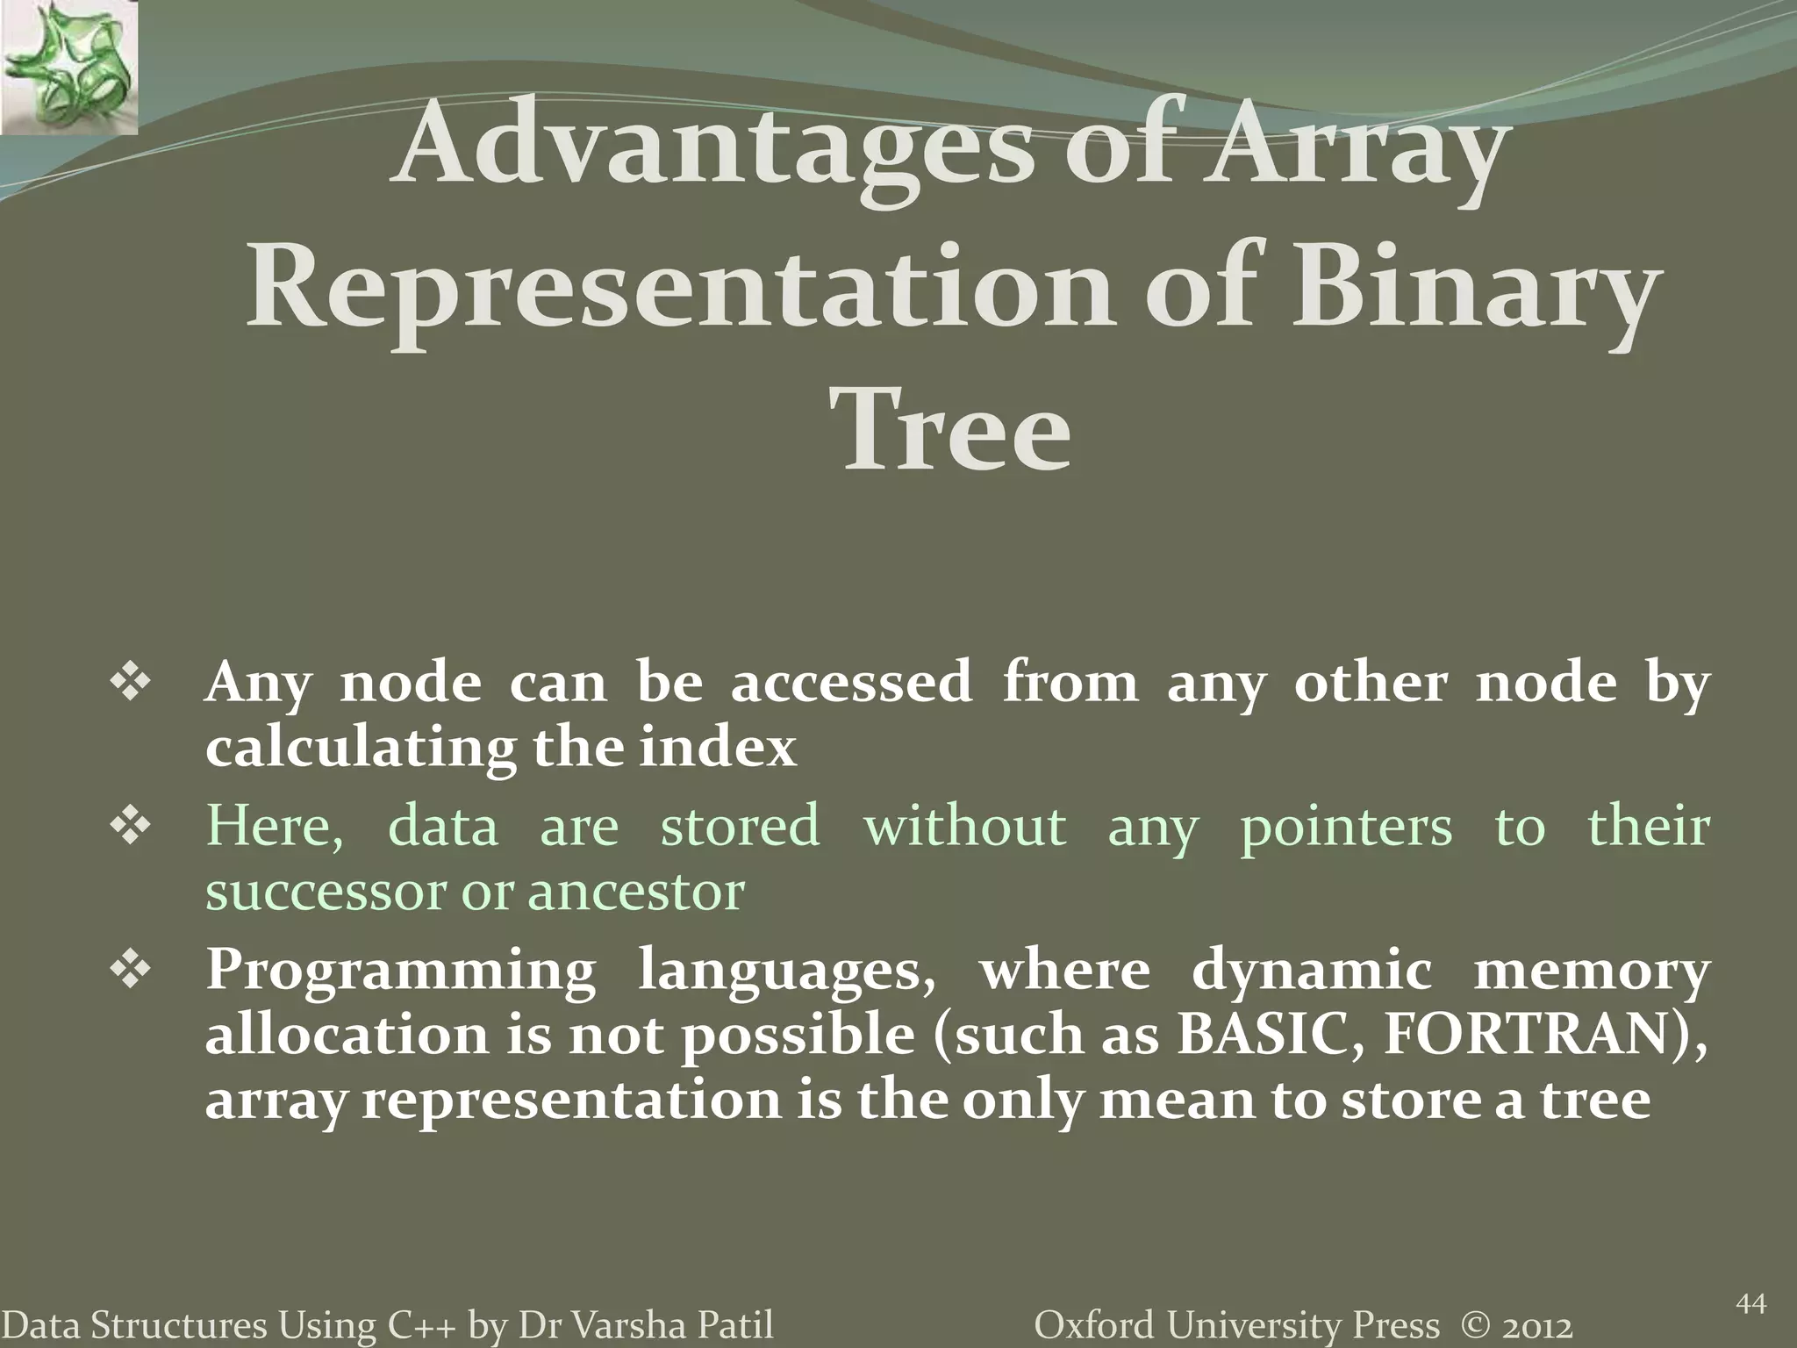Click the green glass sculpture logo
68,67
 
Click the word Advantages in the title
712,151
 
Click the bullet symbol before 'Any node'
131,684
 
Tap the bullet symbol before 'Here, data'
131,828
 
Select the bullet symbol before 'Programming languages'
131,972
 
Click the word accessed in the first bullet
851,684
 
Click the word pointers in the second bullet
1346,828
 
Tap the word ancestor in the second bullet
636,893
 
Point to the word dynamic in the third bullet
1311,972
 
